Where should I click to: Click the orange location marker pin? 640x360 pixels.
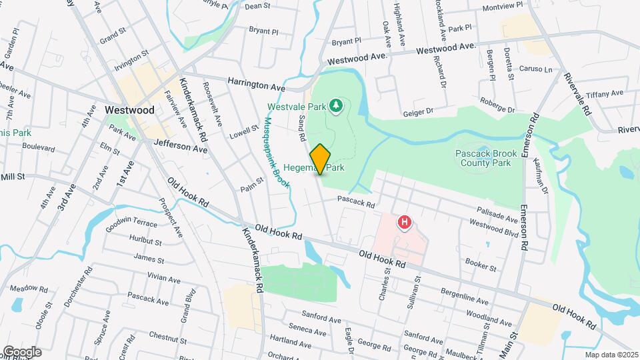coord(320,159)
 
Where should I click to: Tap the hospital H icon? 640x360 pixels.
coord(403,222)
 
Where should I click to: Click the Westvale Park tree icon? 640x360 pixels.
coord(337,105)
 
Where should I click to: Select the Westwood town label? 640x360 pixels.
coord(129,110)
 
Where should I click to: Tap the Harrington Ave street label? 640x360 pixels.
coord(256,87)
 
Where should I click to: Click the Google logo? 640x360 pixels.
coord(22,351)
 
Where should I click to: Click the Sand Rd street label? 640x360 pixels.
coord(301,127)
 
